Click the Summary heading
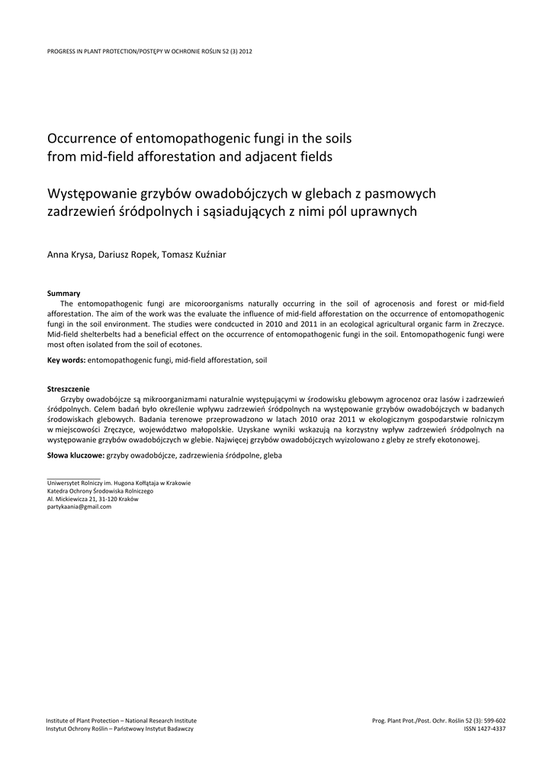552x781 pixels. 64,293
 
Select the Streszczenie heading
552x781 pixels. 69,388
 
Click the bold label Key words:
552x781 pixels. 66,359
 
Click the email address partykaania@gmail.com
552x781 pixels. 79,506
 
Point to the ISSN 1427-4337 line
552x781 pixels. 484,729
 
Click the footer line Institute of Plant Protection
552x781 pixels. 121,720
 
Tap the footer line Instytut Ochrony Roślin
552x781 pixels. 120,729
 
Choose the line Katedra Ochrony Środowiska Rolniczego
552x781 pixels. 100,491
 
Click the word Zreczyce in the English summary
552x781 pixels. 487,324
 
